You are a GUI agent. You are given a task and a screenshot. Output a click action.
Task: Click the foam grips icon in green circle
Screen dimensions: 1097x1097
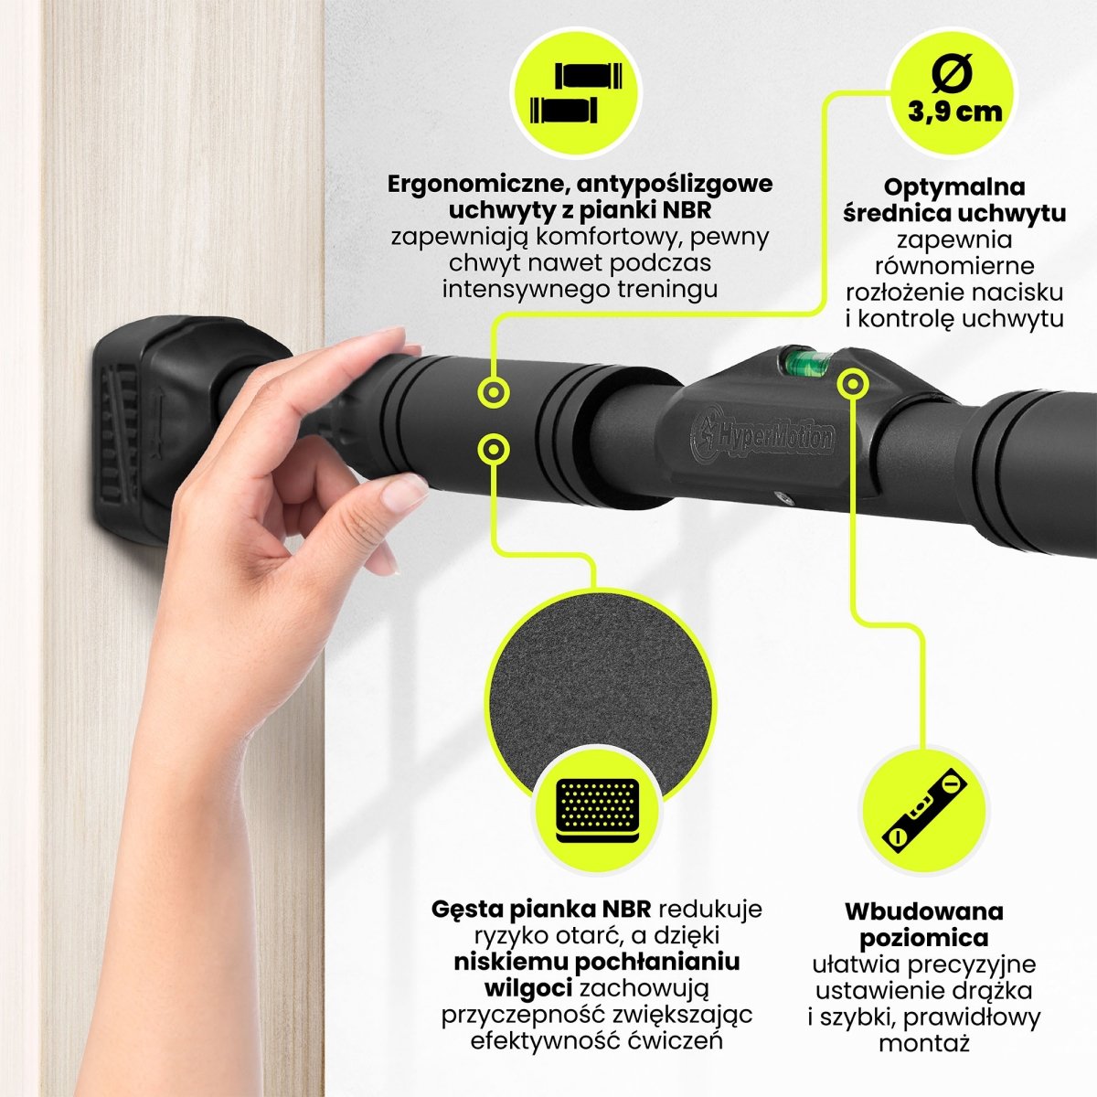click(x=575, y=95)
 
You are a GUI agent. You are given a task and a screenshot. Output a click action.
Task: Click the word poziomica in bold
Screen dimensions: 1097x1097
click(x=923, y=938)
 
